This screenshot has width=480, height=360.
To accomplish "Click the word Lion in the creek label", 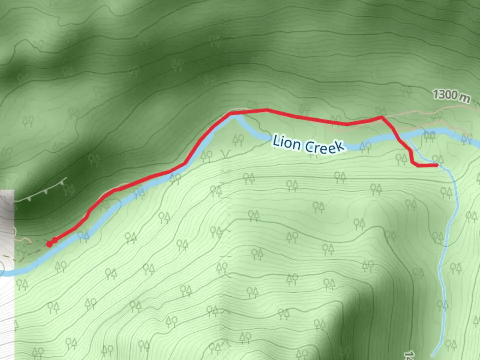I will coord(286,143).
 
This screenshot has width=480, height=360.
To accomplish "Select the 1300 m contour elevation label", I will coord(451,96).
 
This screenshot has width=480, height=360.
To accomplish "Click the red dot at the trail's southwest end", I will coord(50,244).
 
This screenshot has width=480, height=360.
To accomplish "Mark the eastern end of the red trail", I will coord(436,165).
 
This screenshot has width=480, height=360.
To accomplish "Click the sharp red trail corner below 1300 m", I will coord(382,117).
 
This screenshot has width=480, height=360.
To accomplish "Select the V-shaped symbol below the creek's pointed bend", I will coord(225,154).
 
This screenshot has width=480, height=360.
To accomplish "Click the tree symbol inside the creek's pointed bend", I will coord(238,140).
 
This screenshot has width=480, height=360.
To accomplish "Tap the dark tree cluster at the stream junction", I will coord(430,136).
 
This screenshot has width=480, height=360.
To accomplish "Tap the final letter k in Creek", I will coord(339,147).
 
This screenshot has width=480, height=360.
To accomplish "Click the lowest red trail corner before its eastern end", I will coord(414,164).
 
